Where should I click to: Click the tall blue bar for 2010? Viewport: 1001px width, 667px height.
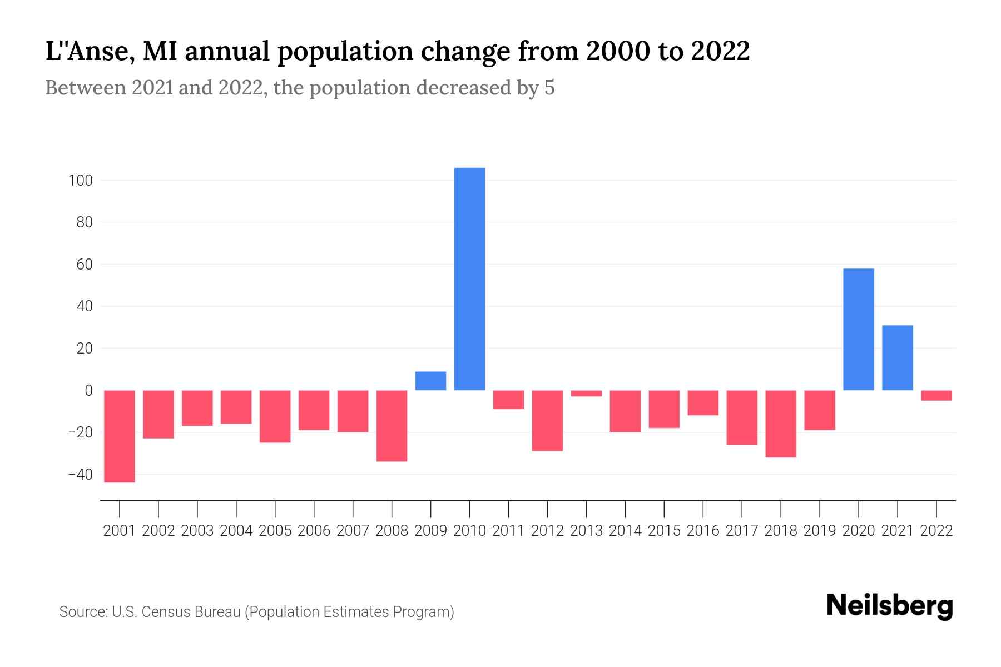[x=469, y=279]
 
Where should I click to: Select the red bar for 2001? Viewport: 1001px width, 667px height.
[x=120, y=436]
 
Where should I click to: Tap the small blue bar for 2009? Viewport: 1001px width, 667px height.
[x=430, y=381]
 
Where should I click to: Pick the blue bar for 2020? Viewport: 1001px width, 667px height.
[x=858, y=330]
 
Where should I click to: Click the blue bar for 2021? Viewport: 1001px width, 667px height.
[x=897, y=358]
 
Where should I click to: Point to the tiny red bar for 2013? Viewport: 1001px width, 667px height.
[x=586, y=394]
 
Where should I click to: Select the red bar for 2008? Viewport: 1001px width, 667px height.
[x=392, y=426]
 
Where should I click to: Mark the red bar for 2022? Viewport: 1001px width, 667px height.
[x=936, y=396]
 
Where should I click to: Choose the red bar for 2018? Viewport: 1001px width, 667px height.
[x=780, y=424]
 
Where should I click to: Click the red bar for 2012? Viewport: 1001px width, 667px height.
[x=547, y=421]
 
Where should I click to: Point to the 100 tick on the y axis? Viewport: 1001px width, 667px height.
[x=81, y=181]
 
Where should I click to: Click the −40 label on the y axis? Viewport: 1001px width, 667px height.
[x=80, y=475]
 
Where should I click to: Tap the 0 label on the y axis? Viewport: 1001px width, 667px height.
[x=88, y=391]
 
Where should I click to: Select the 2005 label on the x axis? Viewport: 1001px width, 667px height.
[x=275, y=531]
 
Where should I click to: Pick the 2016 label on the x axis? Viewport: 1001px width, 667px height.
[x=703, y=531]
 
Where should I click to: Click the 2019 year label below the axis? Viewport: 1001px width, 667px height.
[x=819, y=531]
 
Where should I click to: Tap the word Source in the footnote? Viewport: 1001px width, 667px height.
[x=83, y=612]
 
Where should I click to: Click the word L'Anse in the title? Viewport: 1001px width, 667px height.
[x=89, y=52]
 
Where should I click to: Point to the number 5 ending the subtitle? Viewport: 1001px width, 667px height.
[x=549, y=88]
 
